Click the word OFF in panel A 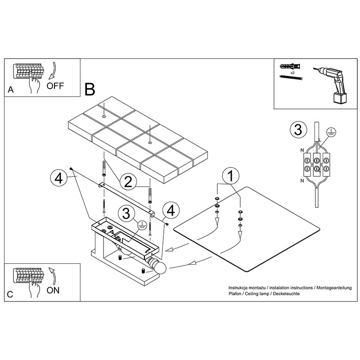55,86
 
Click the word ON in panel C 53,290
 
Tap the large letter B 90,90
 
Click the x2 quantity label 292,72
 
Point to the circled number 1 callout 231,176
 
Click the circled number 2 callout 128,182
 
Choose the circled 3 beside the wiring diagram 298,130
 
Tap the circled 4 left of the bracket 58,178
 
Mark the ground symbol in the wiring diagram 331,132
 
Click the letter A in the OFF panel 10,90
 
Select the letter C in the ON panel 10,294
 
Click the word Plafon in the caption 235,294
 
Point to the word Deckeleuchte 286,294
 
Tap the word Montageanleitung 334,288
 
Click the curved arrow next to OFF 53,71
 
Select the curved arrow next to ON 53,276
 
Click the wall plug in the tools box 290,66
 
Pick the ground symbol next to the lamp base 142,225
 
